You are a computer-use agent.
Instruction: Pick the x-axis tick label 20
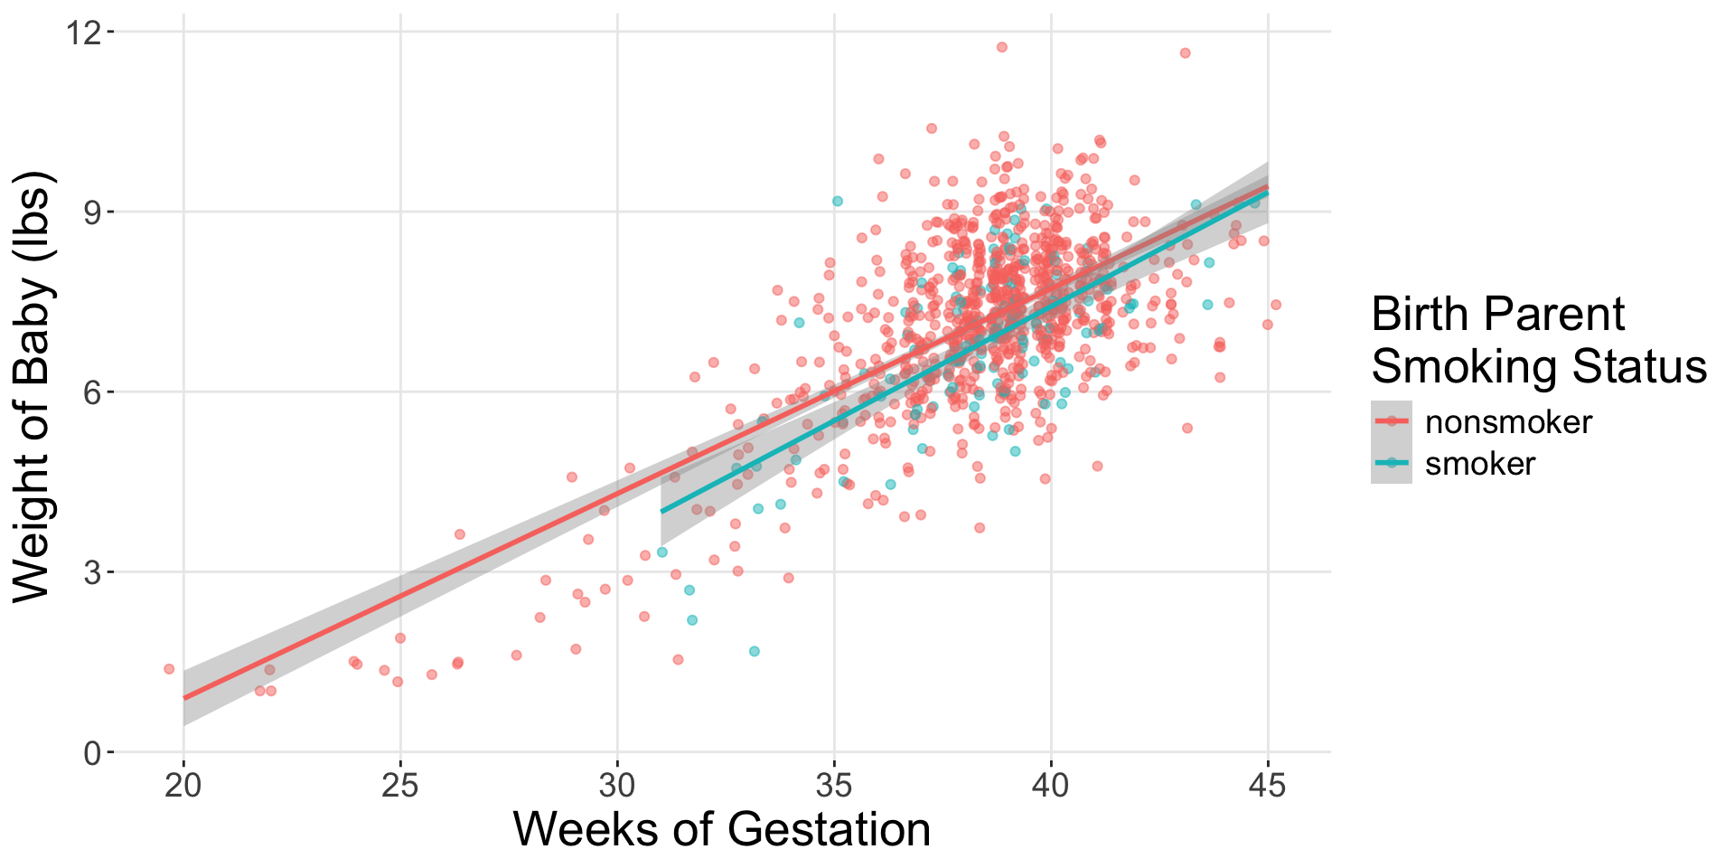pyautogui.click(x=183, y=787)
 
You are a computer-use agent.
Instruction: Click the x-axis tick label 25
pyautogui.click(x=400, y=787)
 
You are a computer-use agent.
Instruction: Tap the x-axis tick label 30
pyautogui.click(x=617, y=787)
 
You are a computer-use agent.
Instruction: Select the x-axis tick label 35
pyautogui.click(x=834, y=787)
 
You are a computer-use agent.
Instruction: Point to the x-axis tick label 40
pyautogui.click(x=1051, y=787)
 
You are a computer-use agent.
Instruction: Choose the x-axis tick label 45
pyautogui.click(x=1268, y=787)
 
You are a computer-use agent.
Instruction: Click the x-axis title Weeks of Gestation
pyautogui.click(x=722, y=830)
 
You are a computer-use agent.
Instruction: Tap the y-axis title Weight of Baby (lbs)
pyautogui.click(x=33, y=387)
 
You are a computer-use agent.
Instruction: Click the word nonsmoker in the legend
pyautogui.click(x=1507, y=422)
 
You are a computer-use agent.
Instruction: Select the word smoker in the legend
pyautogui.click(x=1479, y=464)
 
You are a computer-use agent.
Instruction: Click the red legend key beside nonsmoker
pyautogui.click(x=1392, y=421)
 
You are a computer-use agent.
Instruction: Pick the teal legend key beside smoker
pyautogui.click(x=1392, y=463)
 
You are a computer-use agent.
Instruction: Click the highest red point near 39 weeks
pyautogui.click(x=1001, y=47)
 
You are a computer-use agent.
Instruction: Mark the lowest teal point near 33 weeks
pyautogui.click(x=754, y=651)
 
